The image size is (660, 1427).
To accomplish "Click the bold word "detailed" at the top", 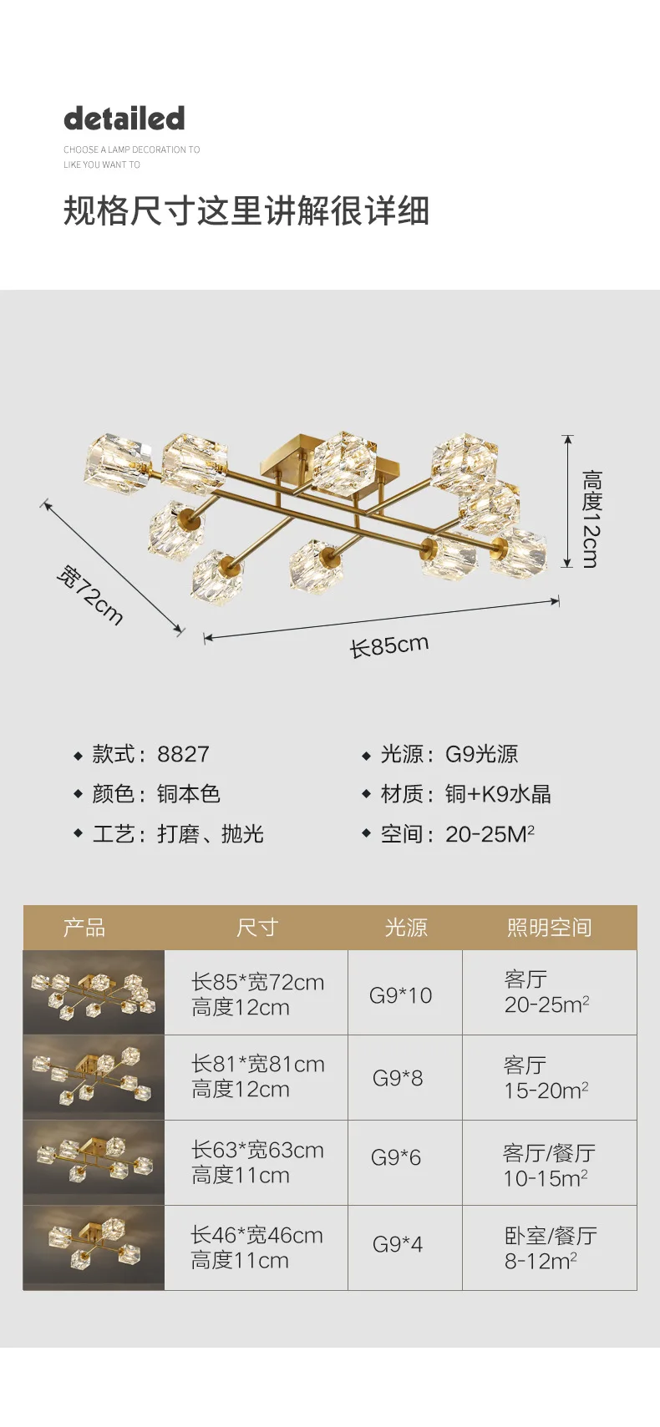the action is point(124,119).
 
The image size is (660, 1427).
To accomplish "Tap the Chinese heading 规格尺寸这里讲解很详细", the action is point(246,210).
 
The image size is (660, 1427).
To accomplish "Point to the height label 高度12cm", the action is point(591,519).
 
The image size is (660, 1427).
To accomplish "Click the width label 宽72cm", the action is point(90,595).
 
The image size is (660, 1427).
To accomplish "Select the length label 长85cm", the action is point(388,645).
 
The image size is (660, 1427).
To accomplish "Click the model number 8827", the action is point(183,754).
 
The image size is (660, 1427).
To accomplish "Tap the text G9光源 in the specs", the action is point(481,754).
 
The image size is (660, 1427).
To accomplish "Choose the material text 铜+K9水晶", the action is point(498,794).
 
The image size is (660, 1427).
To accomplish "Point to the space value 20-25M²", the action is point(490,833).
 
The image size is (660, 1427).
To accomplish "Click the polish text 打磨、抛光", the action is point(211,833).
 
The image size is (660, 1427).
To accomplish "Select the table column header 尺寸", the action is point(256,928).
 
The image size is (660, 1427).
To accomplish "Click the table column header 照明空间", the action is point(549,928).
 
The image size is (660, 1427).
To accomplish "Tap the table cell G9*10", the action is point(400,995).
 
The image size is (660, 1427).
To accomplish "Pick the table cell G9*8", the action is point(398,1078).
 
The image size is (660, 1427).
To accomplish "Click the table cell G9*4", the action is point(398,1244).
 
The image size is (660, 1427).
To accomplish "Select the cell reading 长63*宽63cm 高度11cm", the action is point(256,1162).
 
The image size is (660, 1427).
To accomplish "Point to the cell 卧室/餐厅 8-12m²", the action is point(550,1247).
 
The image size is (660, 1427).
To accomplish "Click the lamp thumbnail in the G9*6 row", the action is point(94,1162).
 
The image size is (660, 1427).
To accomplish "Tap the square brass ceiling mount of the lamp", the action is point(288,456).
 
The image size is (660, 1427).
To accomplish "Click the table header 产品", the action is point(84,928).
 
